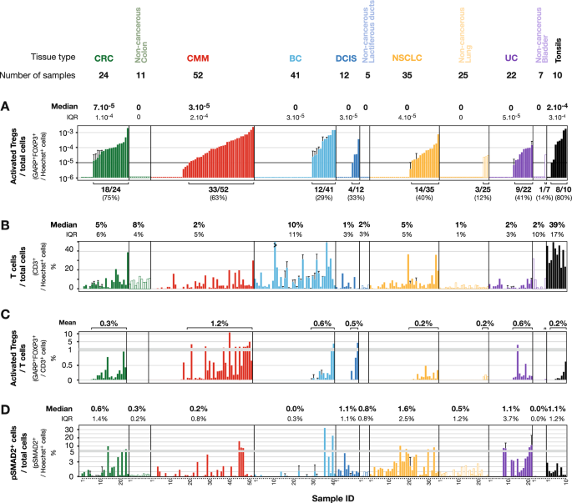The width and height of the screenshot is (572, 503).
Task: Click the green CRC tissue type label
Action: (104, 58)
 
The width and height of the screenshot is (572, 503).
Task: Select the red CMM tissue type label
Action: (198, 58)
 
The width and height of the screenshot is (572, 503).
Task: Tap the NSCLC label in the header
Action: (407, 58)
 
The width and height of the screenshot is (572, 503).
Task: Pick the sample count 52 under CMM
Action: (198, 75)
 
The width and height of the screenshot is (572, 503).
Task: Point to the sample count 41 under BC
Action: (296, 75)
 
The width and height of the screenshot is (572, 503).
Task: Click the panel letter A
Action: (6, 107)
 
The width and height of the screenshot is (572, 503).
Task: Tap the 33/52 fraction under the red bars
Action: (200, 190)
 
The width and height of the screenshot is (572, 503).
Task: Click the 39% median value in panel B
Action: (554, 224)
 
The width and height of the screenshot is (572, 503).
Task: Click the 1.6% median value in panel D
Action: (407, 409)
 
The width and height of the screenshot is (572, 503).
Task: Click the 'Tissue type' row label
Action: (55, 58)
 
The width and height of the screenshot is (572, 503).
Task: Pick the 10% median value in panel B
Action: (296, 224)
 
